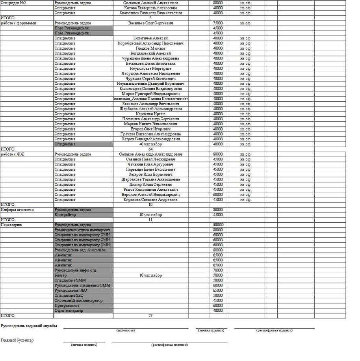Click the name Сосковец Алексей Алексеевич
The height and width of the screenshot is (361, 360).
tap(150, 3)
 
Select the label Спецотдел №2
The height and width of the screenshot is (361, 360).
tap(13, 3)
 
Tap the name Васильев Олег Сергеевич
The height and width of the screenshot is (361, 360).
tap(150, 23)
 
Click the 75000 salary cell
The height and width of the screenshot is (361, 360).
tap(218, 23)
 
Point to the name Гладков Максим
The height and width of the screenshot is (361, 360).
tap(150, 48)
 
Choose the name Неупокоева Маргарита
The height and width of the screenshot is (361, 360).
tap(150, 69)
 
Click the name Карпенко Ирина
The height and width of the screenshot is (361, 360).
tap(150, 114)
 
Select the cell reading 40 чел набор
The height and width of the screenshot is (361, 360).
tap(150, 144)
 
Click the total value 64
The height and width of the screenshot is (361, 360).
tap(150, 149)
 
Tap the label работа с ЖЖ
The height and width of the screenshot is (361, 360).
tap(13, 154)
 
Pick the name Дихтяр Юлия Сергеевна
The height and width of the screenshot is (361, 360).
tap(150, 184)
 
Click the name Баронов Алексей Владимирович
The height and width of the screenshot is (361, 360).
tap(150, 195)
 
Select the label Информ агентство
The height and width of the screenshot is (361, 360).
tap(17, 210)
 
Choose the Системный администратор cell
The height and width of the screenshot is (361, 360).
tap(79, 301)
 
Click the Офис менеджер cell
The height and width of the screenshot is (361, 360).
tap(69, 311)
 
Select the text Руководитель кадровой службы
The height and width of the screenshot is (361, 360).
tap(29, 326)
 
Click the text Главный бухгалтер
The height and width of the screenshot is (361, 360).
tap(17, 340)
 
